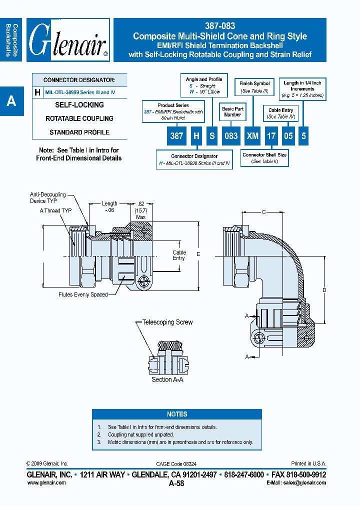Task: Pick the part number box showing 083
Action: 230,135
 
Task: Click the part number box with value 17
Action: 270,135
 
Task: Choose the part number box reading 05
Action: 288,135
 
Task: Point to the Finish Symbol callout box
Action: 254,87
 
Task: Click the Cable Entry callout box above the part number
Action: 280,113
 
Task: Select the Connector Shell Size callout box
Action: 264,158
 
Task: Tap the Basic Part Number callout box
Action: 232,111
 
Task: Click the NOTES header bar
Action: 177,414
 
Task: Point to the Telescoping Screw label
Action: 167,322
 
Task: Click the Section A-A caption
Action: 167,380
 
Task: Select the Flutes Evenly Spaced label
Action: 83,295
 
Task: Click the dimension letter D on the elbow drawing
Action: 324,290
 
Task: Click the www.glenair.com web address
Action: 46,483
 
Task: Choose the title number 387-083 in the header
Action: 220,26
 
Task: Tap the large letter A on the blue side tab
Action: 11,101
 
